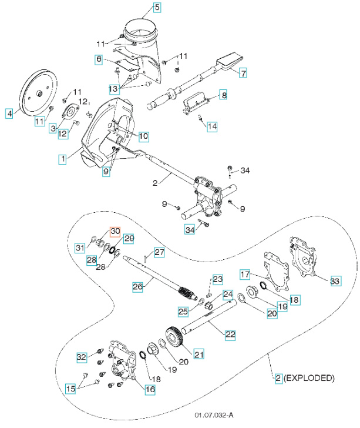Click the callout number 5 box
coord(156,8)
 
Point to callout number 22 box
coord(231,334)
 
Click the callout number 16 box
coord(150,389)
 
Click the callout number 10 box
coord(143,136)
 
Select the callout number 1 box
coord(61,158)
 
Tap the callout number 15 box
coord(70,389)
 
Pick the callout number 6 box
coord(99,59)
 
